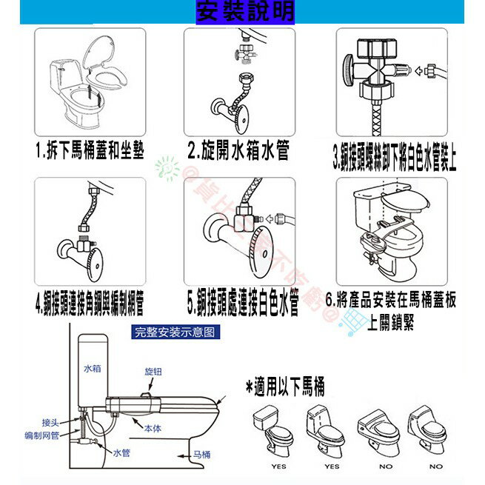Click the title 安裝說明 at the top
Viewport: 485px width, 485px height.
[245, 11]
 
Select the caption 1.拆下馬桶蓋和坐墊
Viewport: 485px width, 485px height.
[90, 153]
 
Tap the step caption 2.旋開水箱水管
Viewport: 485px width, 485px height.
[238, 153]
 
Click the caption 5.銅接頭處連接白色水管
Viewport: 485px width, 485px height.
[242, 302]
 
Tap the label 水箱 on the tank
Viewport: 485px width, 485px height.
[91, 367]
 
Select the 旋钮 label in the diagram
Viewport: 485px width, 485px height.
[153, 370]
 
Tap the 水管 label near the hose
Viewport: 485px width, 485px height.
[121, 451]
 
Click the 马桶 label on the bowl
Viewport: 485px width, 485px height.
[201, 454]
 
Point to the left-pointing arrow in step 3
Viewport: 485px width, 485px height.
[418, 71]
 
